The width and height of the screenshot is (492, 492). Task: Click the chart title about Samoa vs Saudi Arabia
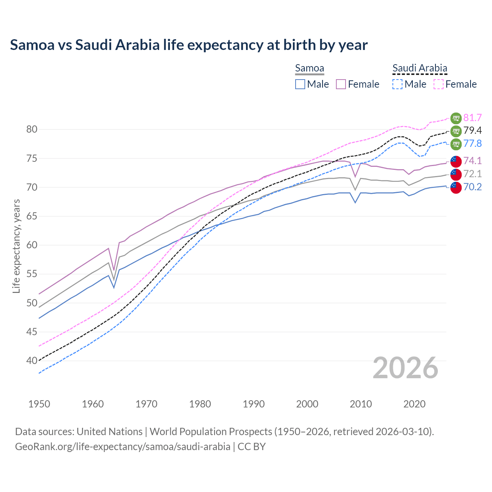[x=189, y=45]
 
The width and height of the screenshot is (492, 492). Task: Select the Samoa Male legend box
[x=300, y=84]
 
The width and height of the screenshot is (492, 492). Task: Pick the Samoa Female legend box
[x=341, y=84]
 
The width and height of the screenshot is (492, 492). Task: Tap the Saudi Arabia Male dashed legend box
[x=397, y=84]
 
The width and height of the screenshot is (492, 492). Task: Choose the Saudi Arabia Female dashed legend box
[x=439, y=84]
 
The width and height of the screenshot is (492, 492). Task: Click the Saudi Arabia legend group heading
[x=420, y=68]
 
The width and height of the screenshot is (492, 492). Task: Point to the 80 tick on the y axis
[x=32, y=130]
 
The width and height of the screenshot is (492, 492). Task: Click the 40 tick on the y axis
[x=32, y=361]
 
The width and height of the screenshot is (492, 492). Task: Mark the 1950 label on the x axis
[x=39, y=404]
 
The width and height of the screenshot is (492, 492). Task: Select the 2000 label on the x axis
[x=307, y=404]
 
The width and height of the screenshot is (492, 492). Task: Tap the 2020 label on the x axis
[x=414, y=404]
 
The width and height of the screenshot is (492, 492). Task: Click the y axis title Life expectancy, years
[x=17, y=246]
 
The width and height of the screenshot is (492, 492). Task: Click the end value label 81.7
[x=472, y=118]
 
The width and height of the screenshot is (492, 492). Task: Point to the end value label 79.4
[x=472, y=131]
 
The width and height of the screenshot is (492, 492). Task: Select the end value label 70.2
[x=472, y=187]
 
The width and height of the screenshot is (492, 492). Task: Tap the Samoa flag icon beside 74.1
[x=455, y=161]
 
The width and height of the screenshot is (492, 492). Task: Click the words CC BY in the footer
[x=252, y=447]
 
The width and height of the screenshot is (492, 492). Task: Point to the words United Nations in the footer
[x=110, y=432]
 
